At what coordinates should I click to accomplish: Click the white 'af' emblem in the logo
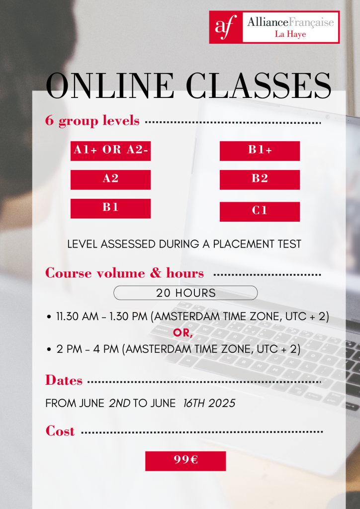(x=225, y=27)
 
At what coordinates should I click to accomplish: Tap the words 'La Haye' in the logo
(x=290, y=34)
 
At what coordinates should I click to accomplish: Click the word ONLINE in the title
(x=110, y=85)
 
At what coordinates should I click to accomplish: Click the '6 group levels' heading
(x=92, y=120)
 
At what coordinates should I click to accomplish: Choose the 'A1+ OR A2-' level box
(x=111, y=151)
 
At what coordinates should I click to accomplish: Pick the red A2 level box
(x=111, y=179)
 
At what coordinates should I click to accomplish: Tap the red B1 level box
(x=111, y=208)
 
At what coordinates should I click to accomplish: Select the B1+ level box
(x=260, y=151)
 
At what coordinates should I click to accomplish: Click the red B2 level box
(x=260, y=179)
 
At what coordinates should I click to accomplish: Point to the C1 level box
(x=260, y=212)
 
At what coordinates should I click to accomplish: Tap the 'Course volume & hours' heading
(x=125, y=273)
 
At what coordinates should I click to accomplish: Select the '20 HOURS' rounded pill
(x=185, y=293)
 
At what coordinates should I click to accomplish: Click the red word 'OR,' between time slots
(x=183, y=333)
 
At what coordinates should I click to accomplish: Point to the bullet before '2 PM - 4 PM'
(x=49, y=349)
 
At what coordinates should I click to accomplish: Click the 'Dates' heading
(x=64, y=380)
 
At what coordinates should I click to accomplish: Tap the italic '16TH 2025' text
(x=209, y=403)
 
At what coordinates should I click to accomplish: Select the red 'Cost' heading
(x=60, y=431)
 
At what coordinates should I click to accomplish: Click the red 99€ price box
(x=185, y=461)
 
